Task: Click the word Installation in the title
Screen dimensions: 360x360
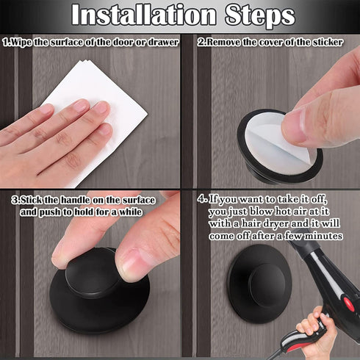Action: pyautogui.click(x=144, y=15)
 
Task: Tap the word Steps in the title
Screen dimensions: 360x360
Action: pyautogui.click(x=260, y=15)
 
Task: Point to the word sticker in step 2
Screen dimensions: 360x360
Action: pyautogui.click(x=328, y=42)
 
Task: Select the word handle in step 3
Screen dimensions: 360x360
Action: pyautogui.click(x=76, y=200)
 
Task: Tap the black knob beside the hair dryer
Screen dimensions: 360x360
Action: pyautogui.click(x=259, y=281)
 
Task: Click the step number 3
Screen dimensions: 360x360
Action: pyautogui.click(x=14, y=200)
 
